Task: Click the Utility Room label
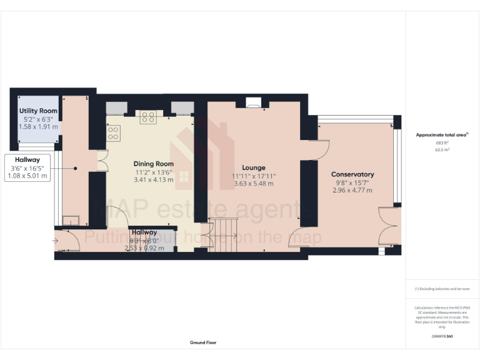click(x=38, y=111)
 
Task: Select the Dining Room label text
click(x=153, y=164)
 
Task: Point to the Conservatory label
click(x=352, y=174)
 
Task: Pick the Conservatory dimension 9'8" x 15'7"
click(x=352, y=182)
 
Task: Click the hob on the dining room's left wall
click(x=113, y=132)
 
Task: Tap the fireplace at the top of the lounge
click(x=254, y=103)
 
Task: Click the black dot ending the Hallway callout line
click(x=75, y=167)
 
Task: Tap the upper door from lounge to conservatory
click(x=321, y=148)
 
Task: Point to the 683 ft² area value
click(x=442, y=143)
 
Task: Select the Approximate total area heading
click(x=441, y=134)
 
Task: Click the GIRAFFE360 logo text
click(x=441, y=336)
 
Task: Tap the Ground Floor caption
click(x=203, y=342)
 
